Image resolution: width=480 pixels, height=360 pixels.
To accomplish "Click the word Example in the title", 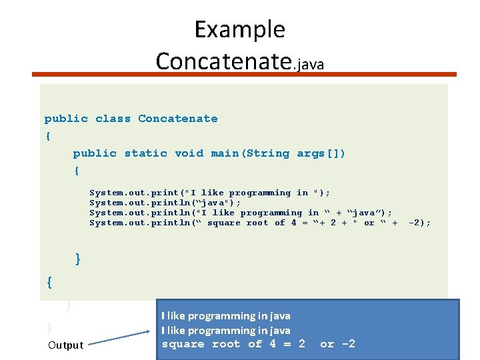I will [239, 30].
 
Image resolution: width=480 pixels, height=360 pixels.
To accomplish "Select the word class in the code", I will [113, 119].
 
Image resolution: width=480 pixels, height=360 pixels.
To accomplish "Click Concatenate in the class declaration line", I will [177, 119].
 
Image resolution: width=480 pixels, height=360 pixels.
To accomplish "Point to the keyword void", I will [189, 153].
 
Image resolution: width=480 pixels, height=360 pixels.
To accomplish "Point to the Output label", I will [65, 345].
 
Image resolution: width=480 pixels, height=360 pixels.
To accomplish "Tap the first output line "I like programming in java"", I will [225, 316].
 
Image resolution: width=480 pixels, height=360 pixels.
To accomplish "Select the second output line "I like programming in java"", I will [225, 331].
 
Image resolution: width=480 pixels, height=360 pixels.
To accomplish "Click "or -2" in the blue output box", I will [337, 344].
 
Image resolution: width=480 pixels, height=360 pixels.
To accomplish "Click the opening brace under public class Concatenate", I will [47, 136].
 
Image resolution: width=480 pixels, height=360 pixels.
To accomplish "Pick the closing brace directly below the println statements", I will [78, 259].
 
